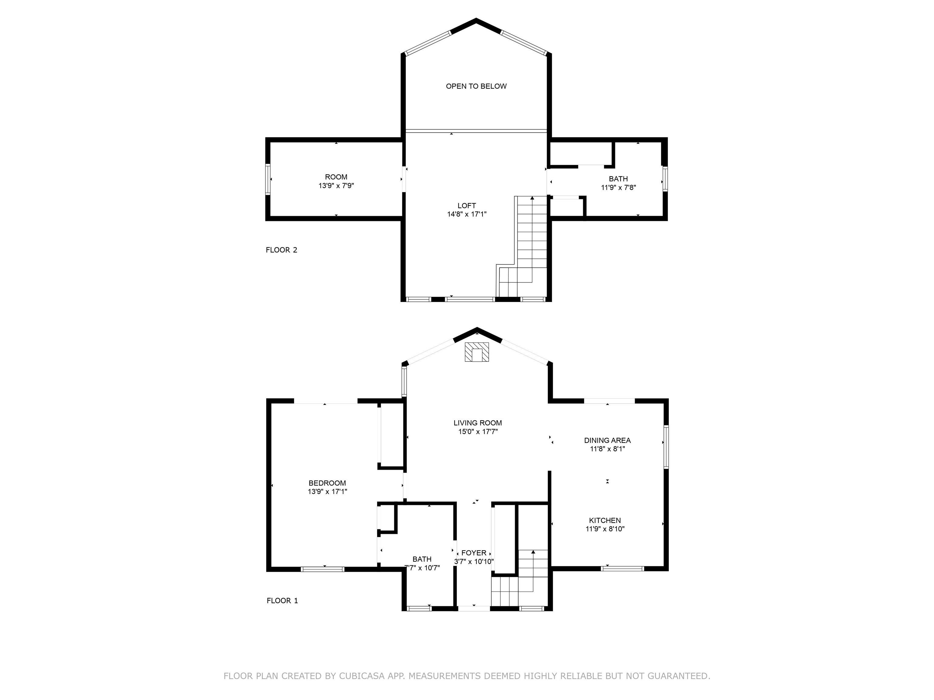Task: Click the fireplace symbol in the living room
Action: (x=477, y=352)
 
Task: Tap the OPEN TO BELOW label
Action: (x=476, y=86)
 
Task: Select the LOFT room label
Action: (x=467, y=205)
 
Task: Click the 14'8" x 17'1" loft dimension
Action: (x=467, y=214)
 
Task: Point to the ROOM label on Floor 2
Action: (x=336, y=177)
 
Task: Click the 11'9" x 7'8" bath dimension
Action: (x=618, y=187)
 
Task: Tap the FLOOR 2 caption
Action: (x=281, y=250)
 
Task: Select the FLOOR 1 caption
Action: (x=282, y=600)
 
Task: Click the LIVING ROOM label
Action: (x=478, y=423)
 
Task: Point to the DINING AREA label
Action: (x=607, y=440)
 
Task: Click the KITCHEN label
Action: (x=605, y=520)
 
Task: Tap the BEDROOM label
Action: (x=327, y=483)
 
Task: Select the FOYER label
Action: (x=474, y=553)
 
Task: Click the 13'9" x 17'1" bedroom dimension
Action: (x=327, y=492)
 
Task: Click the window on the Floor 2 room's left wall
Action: (x=268, y=179)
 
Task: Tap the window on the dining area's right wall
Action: (x=666, y=447)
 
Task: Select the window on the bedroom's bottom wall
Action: (x=323, y=569)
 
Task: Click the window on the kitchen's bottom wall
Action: (x=622, y=568)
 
